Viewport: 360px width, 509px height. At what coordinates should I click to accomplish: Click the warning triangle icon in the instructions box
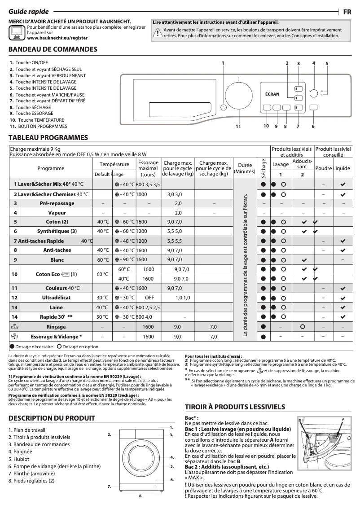158,32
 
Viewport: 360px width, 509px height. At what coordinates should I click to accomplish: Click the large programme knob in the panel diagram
238,95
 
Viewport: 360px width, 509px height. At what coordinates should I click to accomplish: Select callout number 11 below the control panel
238,127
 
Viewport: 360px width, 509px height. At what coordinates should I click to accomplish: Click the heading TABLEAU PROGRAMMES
48,137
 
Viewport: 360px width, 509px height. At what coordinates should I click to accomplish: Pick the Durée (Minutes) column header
245,168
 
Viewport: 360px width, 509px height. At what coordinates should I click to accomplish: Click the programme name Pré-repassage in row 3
56,203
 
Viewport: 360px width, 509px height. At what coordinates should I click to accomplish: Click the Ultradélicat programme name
56,298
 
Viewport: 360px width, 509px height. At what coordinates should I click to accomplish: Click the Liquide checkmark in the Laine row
343,307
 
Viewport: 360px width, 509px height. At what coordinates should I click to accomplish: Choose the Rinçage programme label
56,327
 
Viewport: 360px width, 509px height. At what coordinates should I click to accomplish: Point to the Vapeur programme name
57,213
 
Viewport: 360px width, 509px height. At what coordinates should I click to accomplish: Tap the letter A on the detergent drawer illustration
343,419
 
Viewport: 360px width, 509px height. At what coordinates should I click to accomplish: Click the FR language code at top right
347,12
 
